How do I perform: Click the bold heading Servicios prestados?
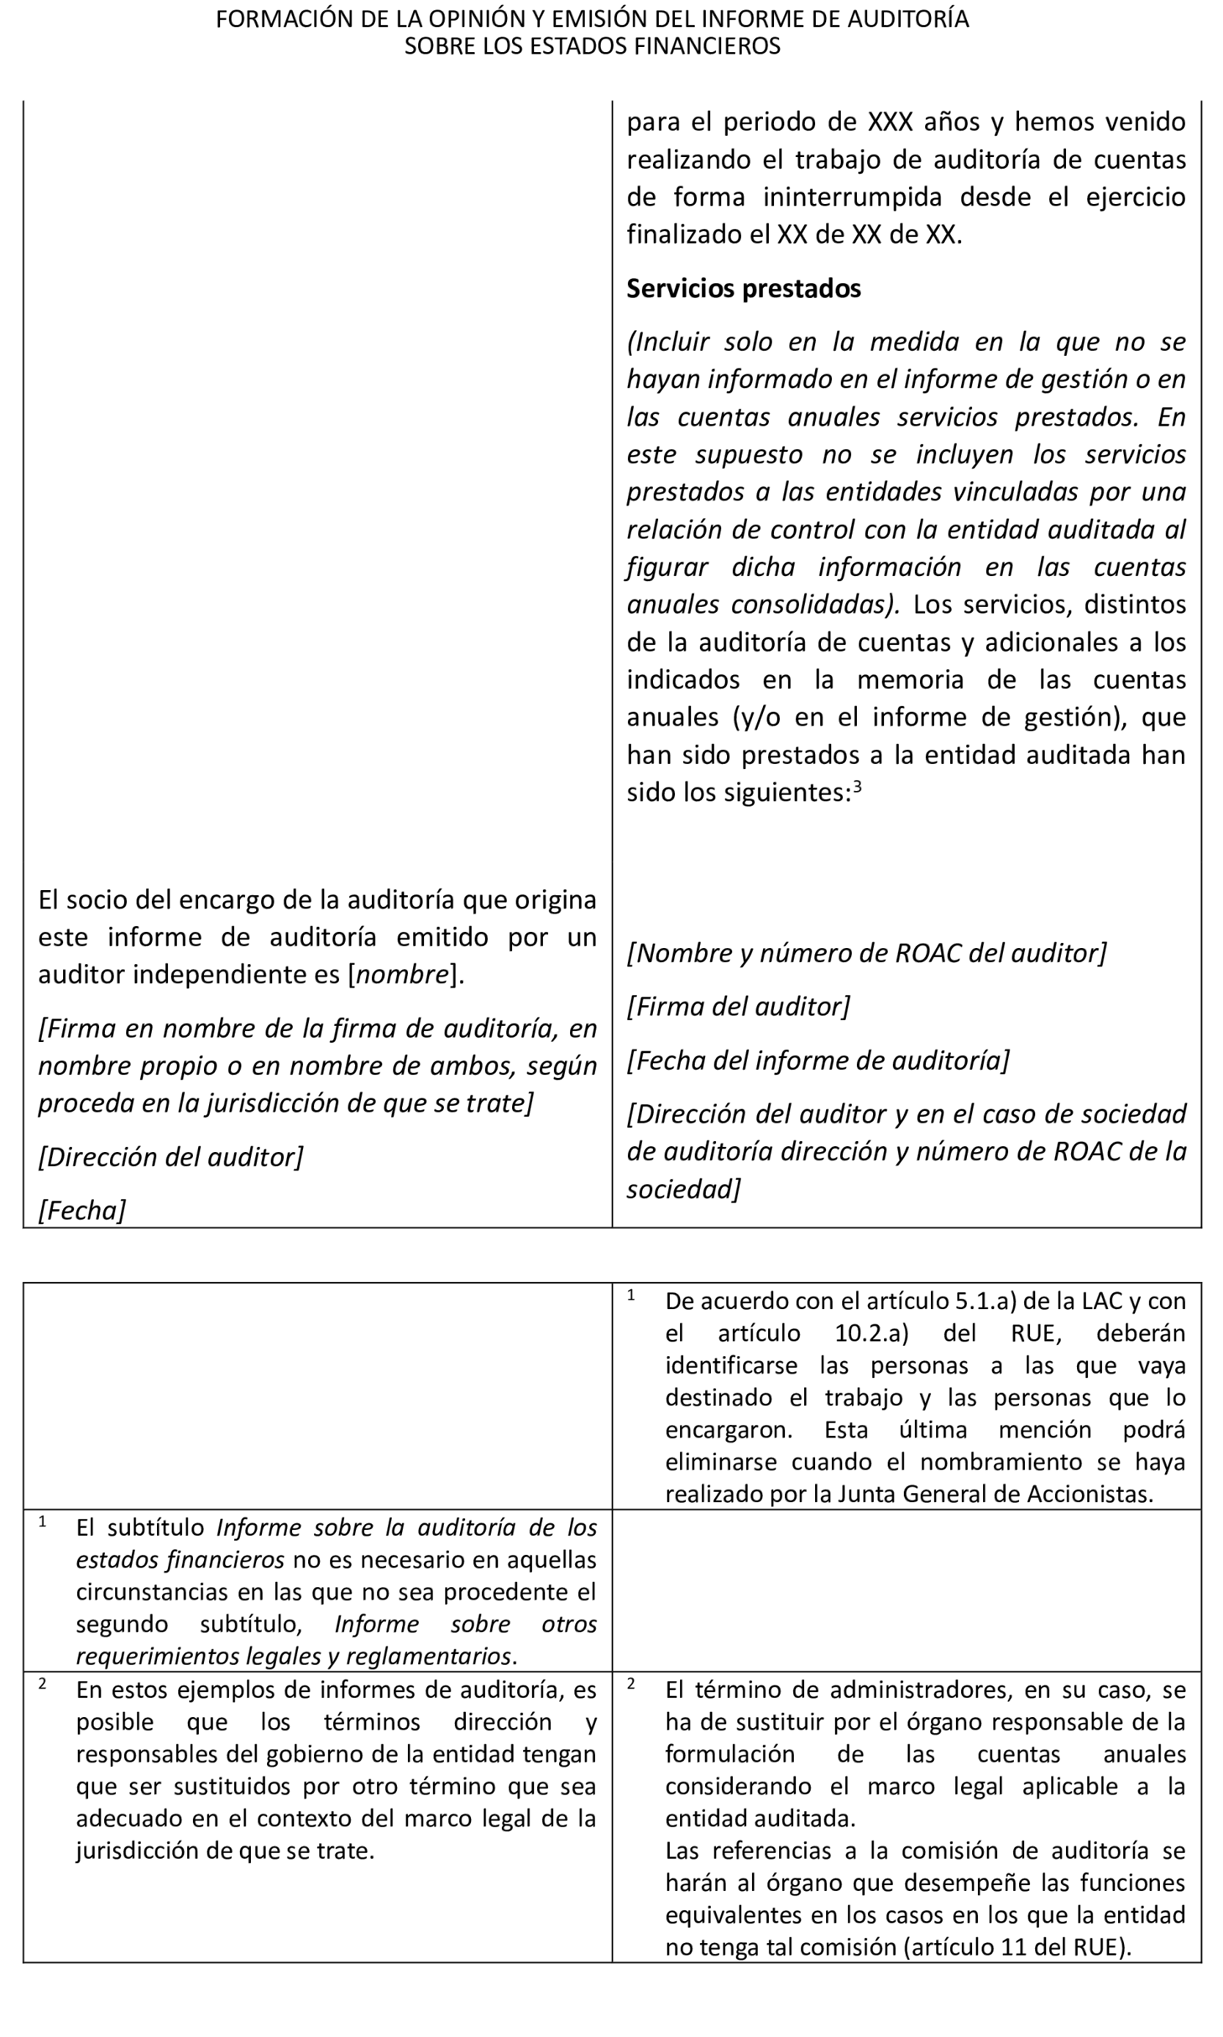(x=743, y=288)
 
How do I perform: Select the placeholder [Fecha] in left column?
(x=81, y=1210)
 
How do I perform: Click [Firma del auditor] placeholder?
(x=738, y=1006)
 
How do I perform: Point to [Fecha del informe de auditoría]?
(x=817, y=1060)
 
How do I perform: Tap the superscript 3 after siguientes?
(x=857, y=786)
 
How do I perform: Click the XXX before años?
(x=890, y=122)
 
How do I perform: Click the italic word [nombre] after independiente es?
(x=403, y=974)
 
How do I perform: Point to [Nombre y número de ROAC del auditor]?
(x=866, y=952)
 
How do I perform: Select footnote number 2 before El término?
(x=631, y=1683)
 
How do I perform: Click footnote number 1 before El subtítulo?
(x=43, y=1521)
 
